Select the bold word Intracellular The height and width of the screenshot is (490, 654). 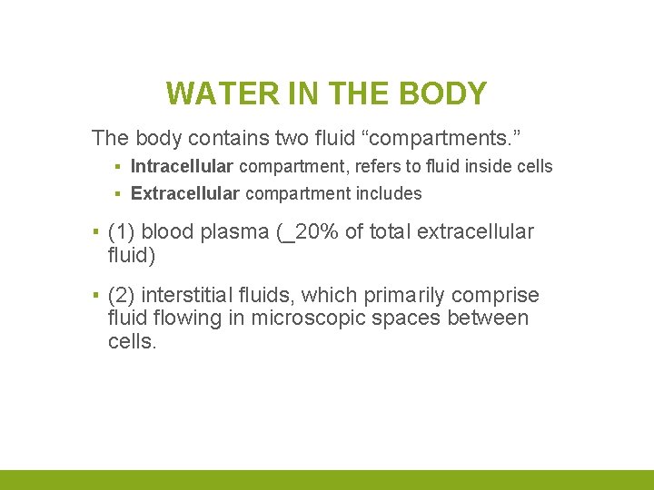click(x=183, y=166)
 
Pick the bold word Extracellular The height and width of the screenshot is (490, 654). click(x=185, y=192)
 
